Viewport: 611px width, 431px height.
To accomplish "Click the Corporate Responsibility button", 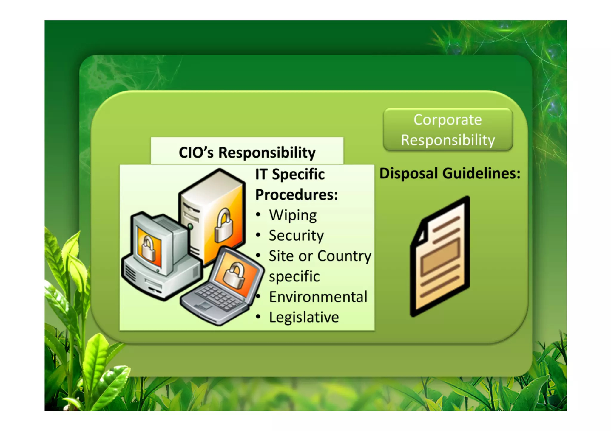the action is pyautogui.click(x=448, y=130).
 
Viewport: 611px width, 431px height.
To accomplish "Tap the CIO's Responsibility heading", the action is pyautogui.click(x=247, y=152).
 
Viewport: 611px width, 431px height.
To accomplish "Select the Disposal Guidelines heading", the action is pyautogui.click(x=450, y=173).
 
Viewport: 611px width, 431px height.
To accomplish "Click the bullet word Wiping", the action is pyautogui.click(x=293, y=215).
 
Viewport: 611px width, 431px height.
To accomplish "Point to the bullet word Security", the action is pyautogui.click(x=296, y=236).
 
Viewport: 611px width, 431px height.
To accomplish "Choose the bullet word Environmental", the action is pyautogui.click(x=318, y=297).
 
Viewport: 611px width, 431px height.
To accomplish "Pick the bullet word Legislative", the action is pyautogui.click(x=304, y=317).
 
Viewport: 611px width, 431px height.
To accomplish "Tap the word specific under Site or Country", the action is pyautogui.click(x=294, y=276).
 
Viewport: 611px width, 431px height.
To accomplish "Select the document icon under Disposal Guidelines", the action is pyautogui.click(x=440, y=256).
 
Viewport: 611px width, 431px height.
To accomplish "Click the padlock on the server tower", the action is pyautogui.click(x=223, y=225).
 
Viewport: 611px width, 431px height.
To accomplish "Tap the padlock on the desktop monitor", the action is pyautogui.click(x=148, y=249).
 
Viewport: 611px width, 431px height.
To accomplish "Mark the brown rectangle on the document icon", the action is pyautogui.click(x=440, y=256).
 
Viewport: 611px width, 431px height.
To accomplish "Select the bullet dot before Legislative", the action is pyautogui.click(x=258, y=317).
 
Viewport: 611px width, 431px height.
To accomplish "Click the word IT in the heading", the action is pyautogui.click(x=261, y=174).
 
